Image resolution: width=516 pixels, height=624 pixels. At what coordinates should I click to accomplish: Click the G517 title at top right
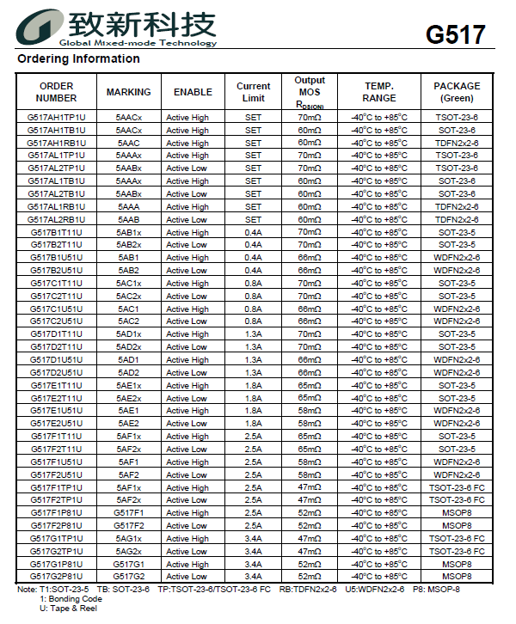click(x=456, y=35)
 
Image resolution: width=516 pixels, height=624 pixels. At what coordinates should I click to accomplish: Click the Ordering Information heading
click(x=78, y=58)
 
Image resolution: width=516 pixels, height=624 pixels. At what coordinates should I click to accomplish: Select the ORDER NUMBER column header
click(x=57, y=92)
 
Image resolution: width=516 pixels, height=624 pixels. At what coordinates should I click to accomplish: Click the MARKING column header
click(x=129, y=92)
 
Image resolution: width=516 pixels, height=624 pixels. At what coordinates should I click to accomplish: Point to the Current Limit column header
click(x=253, y=92)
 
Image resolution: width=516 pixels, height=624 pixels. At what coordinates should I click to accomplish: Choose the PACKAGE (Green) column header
click(x=457, y=92)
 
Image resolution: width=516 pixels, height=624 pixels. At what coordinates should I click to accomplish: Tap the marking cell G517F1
click(x=129, y=512)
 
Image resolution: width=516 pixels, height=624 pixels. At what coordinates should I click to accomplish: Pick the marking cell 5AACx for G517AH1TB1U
click(x=129, y=130)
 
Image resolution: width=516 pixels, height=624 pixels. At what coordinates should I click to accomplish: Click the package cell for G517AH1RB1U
click(x=457, y=143)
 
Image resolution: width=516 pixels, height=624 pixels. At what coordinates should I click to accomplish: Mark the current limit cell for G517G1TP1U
click(x=253, y=538)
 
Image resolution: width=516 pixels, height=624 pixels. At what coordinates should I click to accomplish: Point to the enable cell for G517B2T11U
click(x=187, y=245)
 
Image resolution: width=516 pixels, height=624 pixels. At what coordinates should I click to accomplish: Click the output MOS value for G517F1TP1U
click(x=310, y=487)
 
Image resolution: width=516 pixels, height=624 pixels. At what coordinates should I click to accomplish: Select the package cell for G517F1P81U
click(x=457, y=512)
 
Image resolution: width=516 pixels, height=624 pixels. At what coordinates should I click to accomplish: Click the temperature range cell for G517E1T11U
click(x=379, y=385)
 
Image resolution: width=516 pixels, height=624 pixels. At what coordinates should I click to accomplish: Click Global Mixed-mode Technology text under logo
click(x=138, y=43)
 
